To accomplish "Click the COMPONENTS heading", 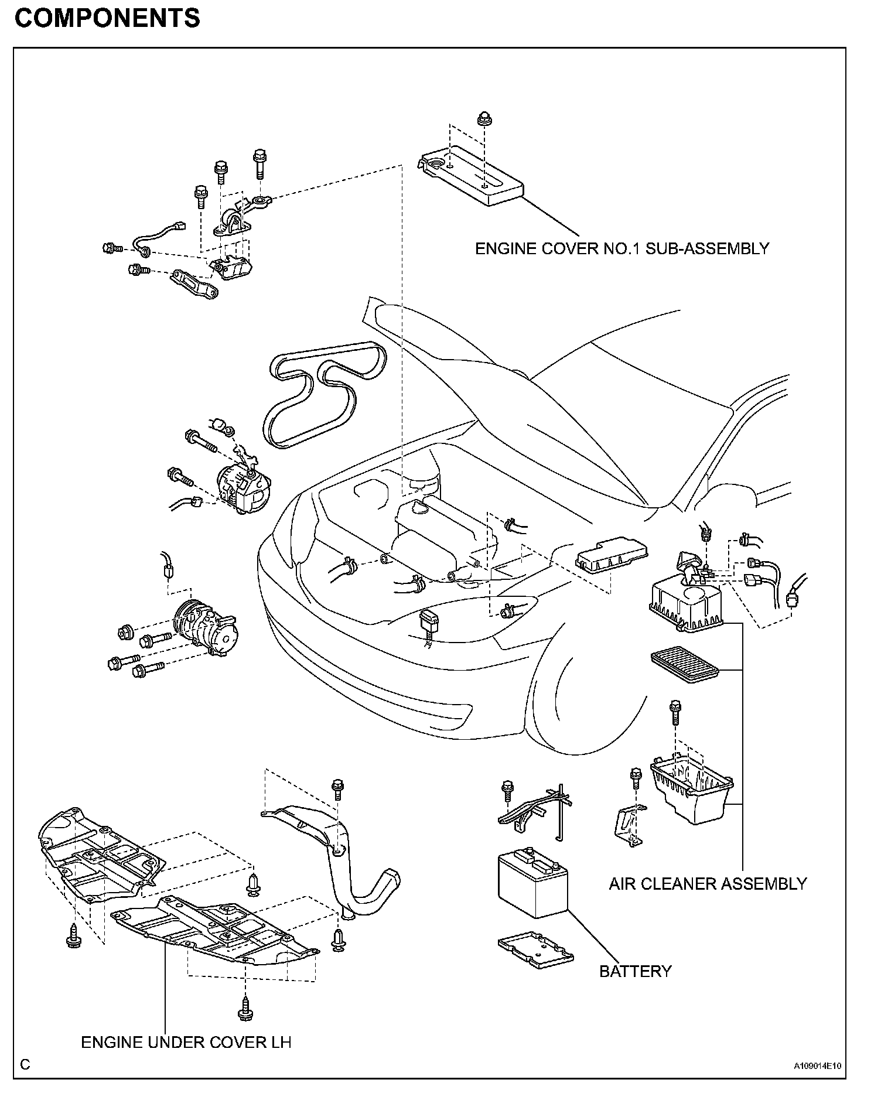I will [107, 19].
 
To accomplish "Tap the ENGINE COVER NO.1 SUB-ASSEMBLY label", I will [622, 248].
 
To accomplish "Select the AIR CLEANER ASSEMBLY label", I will [708, 883].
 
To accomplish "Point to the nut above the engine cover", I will [484, 118].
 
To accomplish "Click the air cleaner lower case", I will [692, 788].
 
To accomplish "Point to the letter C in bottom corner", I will [25, 1064].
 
